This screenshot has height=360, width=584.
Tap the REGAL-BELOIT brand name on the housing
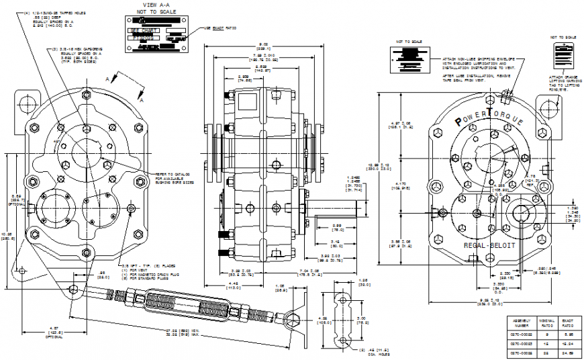pos(489,246)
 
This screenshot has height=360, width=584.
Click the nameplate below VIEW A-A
pos(156,34)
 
